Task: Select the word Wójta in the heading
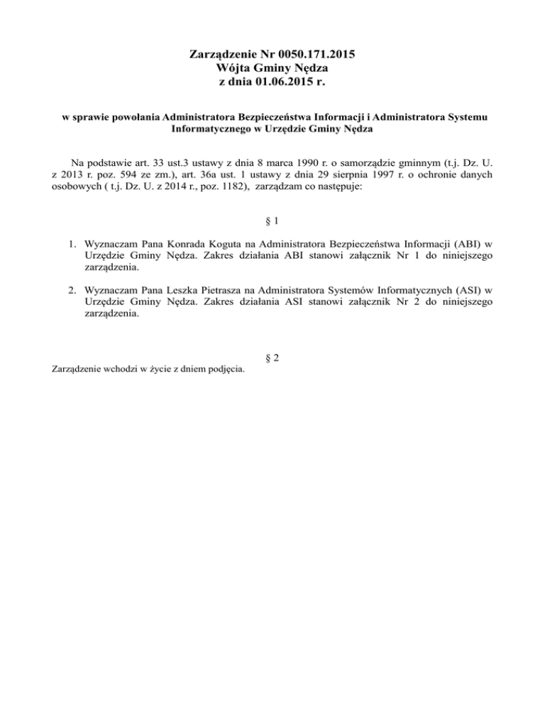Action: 231,68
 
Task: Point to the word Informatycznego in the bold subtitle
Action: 213,130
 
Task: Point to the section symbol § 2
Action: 272,357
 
